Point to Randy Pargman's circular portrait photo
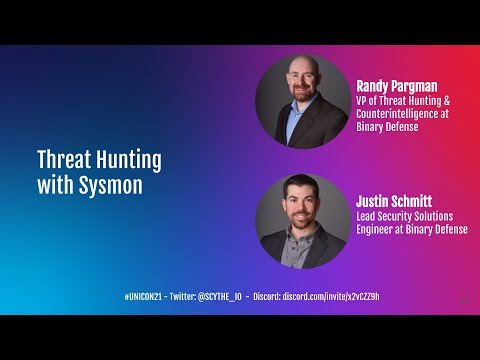pos(302,101)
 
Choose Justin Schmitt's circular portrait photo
pos(302,220)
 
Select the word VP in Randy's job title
pos(362,100)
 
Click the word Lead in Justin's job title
pos(367,215)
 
